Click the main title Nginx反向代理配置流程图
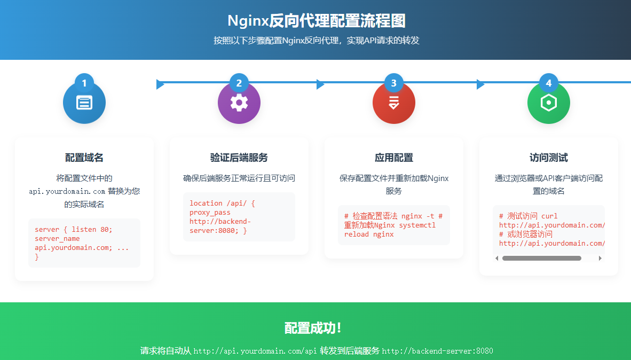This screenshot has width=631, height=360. point(316,21)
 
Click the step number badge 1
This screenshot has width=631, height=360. point(84,83)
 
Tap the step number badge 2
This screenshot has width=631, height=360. point(239,83)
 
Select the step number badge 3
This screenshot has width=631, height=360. point(394,83)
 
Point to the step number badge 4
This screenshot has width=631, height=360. point(549,83)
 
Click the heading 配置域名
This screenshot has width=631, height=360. point(84,158)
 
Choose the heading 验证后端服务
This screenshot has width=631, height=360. point(239,158)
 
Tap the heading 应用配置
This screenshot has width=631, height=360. point(394,158)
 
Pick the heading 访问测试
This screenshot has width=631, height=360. point(549,158)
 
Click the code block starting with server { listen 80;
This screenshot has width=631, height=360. point(84,243)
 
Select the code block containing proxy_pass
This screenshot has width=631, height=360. point(239,217)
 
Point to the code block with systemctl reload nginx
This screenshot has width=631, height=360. point(394,225)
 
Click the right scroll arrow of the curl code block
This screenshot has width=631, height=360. point(600,259)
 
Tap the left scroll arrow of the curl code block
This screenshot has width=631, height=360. point(497,259)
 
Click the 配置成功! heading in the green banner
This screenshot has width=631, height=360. point(313,328)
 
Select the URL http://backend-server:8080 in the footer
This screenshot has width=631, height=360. point(438,351)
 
